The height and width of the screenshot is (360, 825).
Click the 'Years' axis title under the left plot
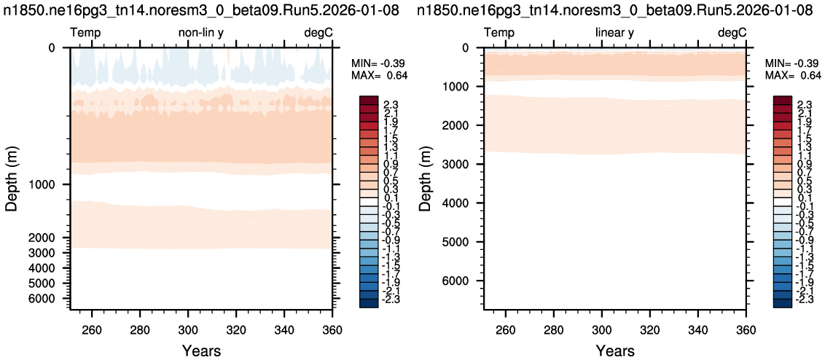click(x=202, y=350)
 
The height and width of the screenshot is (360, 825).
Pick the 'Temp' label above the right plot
click(x=499, y=34)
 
